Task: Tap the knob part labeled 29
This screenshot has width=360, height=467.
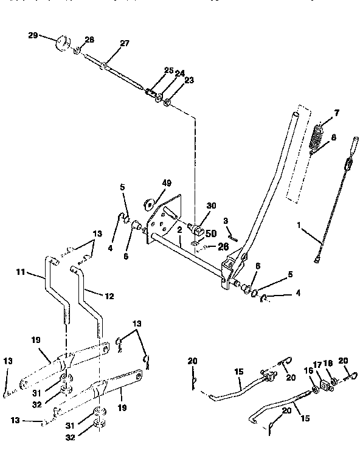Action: tap(61, 44)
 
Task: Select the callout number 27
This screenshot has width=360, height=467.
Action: tap(124, 44)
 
